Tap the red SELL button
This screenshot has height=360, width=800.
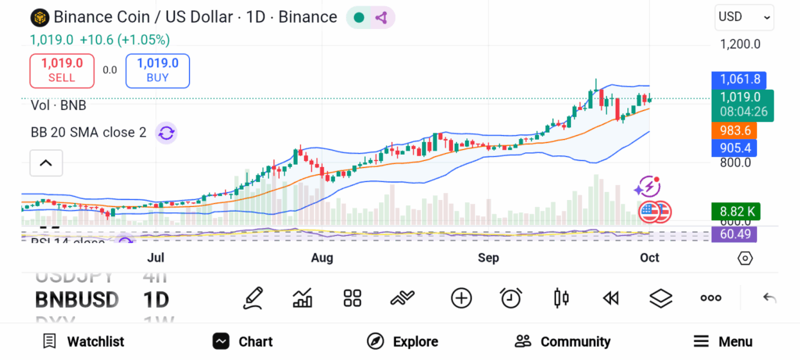[62, 70]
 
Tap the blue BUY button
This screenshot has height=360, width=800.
[157, 70]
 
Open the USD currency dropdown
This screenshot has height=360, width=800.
[744, 16]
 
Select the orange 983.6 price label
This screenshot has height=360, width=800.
[735, 130]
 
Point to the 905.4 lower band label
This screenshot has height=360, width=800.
[735, 148]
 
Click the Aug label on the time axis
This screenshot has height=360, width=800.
[322, 258]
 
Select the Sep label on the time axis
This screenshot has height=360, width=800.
[488, 258]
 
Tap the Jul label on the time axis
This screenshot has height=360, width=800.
[155, 258]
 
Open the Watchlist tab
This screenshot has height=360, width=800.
[84, 341]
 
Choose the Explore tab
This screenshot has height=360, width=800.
[403, 341]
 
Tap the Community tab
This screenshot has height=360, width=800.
[562, 341]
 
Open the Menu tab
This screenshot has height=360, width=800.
[723, 341]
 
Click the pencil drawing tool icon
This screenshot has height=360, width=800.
[252, 298]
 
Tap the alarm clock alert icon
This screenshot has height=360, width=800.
[511, 298]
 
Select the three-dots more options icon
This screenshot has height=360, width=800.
[711, 298]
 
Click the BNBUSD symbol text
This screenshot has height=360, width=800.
[77, 299]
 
